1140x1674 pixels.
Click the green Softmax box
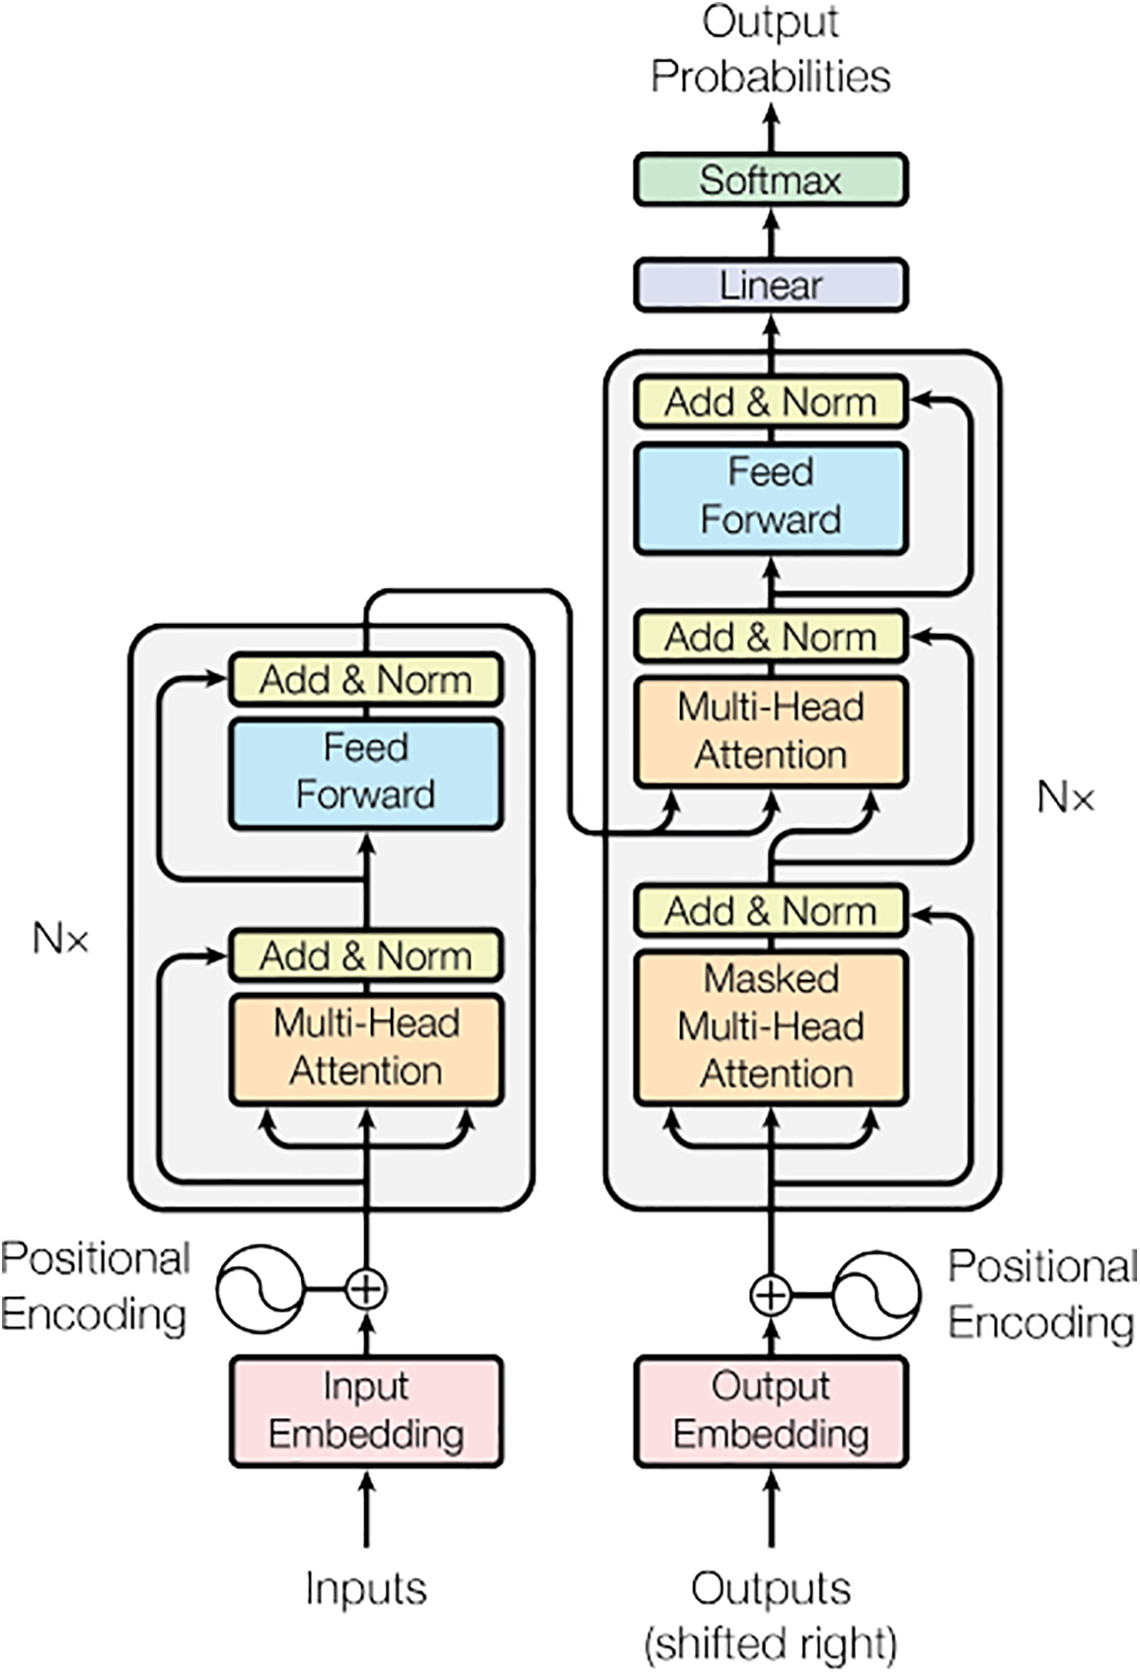point(770,180)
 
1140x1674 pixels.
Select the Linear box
point(770,285)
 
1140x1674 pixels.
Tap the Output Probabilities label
point(770,49)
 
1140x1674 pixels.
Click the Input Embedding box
point(366,1410)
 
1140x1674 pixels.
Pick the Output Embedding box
point(771,1410)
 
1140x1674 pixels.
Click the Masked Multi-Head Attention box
point(771,1027)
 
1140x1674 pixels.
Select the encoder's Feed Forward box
point(366,772)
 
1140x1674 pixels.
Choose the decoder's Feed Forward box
point(771,496)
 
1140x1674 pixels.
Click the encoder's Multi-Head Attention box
point(366,1047)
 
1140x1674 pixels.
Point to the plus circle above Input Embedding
point(366,1288)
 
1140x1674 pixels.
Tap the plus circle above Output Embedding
point(771,1295)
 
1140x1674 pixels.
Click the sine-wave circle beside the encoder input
point(260,1288)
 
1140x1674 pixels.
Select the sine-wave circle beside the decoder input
point(876,1295)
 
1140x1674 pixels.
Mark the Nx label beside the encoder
point(60,938)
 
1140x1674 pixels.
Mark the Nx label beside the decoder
point(1066,797)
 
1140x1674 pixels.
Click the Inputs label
point(366,1588)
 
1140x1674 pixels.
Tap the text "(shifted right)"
point(771,1643)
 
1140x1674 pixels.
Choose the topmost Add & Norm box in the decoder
point(771,402)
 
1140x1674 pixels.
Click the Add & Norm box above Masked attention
point(771,910)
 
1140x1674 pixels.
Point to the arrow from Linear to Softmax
point(771,233)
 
